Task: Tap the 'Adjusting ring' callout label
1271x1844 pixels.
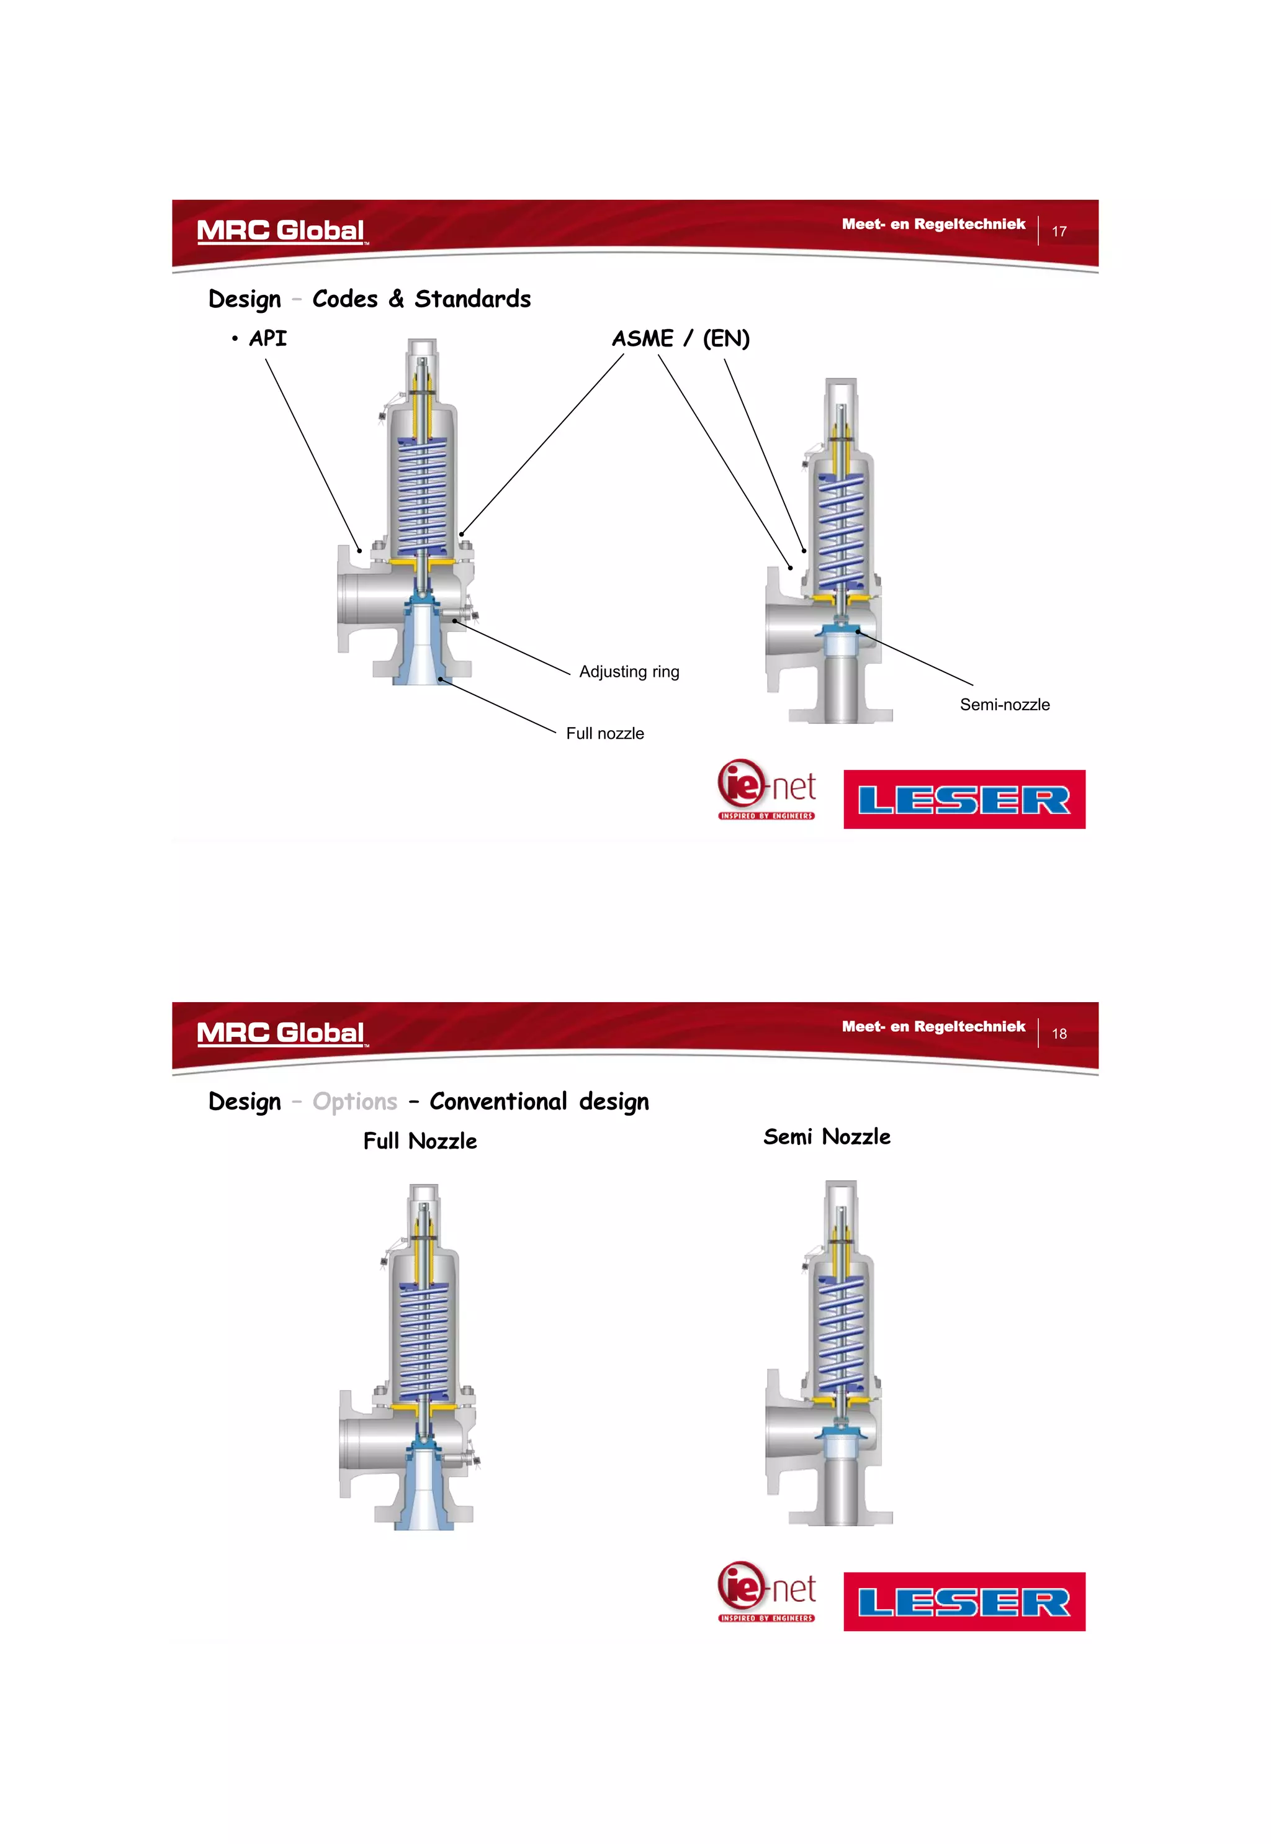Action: click(x=629, y=672)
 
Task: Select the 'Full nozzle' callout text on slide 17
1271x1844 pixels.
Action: click(x=604, y=734)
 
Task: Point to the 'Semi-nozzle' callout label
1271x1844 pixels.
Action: click(x=1004, y=705)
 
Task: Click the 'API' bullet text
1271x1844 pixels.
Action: click(x=267, y=338)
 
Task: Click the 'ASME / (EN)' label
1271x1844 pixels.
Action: click(x=680, y=338)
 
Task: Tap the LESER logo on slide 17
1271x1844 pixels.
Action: click(x=964, y=800)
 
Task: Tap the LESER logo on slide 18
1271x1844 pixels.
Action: click(x=964, y=1602)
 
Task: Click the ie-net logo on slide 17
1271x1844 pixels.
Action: click(x=766, y=789)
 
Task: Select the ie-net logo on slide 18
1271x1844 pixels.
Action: click(x=766, y=1591)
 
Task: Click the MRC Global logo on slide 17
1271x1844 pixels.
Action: click(x=281, y=231)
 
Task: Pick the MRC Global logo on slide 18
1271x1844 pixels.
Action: click(x=281, y=1033)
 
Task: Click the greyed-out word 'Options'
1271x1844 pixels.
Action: click(x=354, y=1101)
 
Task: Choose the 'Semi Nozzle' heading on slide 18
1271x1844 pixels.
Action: click(x=827, y=1137)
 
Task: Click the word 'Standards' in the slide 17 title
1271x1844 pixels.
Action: click(x=472, y=299)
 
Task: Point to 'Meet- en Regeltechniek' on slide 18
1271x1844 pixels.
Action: click(x=933, y=1027)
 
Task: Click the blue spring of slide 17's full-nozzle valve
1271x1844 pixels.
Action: click(x=422, y=498)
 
